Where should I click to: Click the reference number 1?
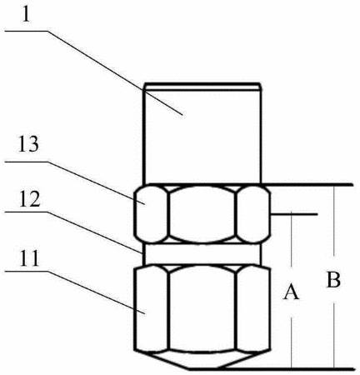(x=26, y=14)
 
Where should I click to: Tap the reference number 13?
(x=28, y=144)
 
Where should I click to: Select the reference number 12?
(x=30, y=198)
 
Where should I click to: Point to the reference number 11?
(x=28, y=257)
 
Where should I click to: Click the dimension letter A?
(x=291, y=292)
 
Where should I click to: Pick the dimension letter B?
(x=333, y=279)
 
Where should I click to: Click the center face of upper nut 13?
(x=202, y=213)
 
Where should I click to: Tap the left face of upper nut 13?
(x=151, y=213)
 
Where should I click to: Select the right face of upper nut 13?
(x=253, y=213)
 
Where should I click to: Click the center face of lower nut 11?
(x=202, y=307)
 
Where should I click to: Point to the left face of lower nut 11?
(x=151, y=307)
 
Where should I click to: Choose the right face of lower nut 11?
(x=253, y=307)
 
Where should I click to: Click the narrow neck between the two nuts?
(x=202, y=254)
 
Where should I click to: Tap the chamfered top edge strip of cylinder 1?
(x=202, y=87)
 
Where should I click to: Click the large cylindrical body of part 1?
(x=202, y=136)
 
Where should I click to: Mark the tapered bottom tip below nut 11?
(x=202, y=360)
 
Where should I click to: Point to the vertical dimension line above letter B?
(x=334, y=221)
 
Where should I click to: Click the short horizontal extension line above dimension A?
(x=294, y=214)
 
